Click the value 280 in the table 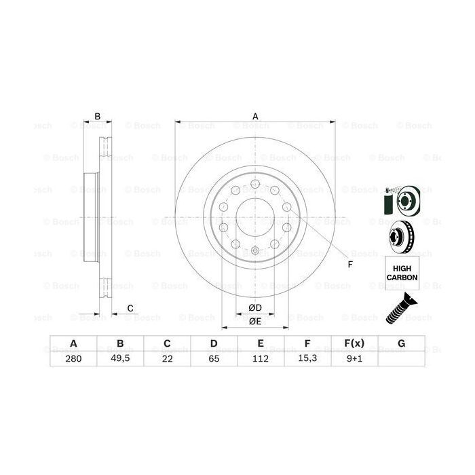[x=73, y=360]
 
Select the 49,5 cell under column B [x=119, y=360]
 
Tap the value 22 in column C [x=166, y=360]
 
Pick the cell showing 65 [x=213, y=360]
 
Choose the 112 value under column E [x=260, y=360]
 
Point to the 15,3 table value [x=307, y=360]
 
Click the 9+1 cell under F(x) [x=354, y=360]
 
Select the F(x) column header [x=354, y=344]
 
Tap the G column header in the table [x=401, y=344]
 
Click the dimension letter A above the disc [x=255, y=116]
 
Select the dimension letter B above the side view [x=98, y=116]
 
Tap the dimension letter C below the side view [x=130, y=309]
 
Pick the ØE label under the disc [x=255, y=321]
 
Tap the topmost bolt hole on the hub [x=254, y=185]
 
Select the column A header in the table [x=73, y=344]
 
